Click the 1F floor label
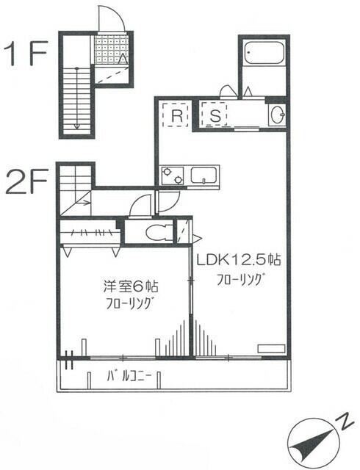[x=27, y=54]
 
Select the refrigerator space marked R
[x=177, y=116]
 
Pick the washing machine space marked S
[x=216, y=116]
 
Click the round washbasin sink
[x=277, y=115]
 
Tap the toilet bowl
[x=155, y=234]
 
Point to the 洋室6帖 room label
[x=124, y=286]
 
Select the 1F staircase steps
[x=76, y=99]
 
